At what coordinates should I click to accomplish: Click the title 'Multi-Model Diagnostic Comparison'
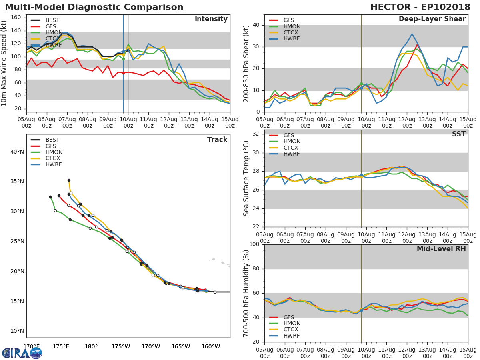click(94, 7)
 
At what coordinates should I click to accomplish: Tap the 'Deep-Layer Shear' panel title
click(432, 19)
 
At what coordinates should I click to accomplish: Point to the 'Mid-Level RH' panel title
click(441, 249)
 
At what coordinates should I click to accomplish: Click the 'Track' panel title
click(217, 140)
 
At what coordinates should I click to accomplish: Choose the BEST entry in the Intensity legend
click(52, 20)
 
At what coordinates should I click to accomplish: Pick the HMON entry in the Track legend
click(54, 152)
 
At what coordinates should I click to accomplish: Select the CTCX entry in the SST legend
click(292, 148)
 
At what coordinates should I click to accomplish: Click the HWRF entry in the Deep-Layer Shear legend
click(292, 39)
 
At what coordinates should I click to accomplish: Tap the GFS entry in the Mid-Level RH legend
click(289, 317)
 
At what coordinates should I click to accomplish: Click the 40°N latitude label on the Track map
click(17, 152)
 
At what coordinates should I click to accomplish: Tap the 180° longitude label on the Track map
click(91, 346)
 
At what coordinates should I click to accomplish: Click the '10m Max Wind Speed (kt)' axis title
click(4, 64)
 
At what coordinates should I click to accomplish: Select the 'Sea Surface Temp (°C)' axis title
click(246, 178)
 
